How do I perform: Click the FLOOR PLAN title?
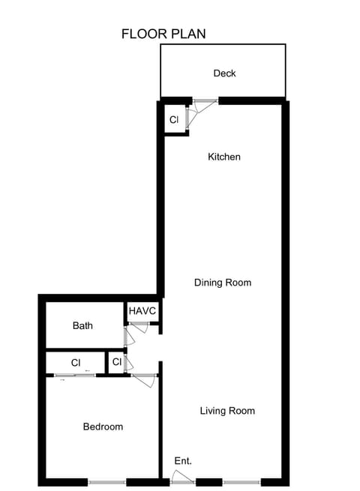pyautogui.click(x=163, y=34)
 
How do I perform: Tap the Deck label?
pyautogui.click(x=224, y=73)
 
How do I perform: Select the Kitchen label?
pyautogui.click(x=223, y=157)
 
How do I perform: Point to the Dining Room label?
pyautogui.click(x=222, y=283)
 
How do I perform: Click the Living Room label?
pyautogui.click(x=227, y=411)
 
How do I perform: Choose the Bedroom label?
pyautogui.click(x=103, y=427)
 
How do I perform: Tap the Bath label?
pyautogui.click(x=82, y=326)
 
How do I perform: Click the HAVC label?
pyautogui.click(x=142, y=311)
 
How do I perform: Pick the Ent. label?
pyautogui.click(x=183, y=461)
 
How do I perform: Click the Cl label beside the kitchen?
pyautogui.click(x=174, y=120)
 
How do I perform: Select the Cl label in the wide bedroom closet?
pyautogui.click(x=76, y=363)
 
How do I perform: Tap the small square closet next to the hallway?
pyautogui.click(x=117, y=362)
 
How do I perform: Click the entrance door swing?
pyautogui.click(x=182, y=476)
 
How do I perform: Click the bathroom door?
pyautogui.click(x=128, y=335)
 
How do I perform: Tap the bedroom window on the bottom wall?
pyautogui.click(x=106, y=482)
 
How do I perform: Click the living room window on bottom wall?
pyautogui.click(x=241, y=482)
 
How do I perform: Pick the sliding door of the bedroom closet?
pyautogui.click(x=75, y=375)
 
